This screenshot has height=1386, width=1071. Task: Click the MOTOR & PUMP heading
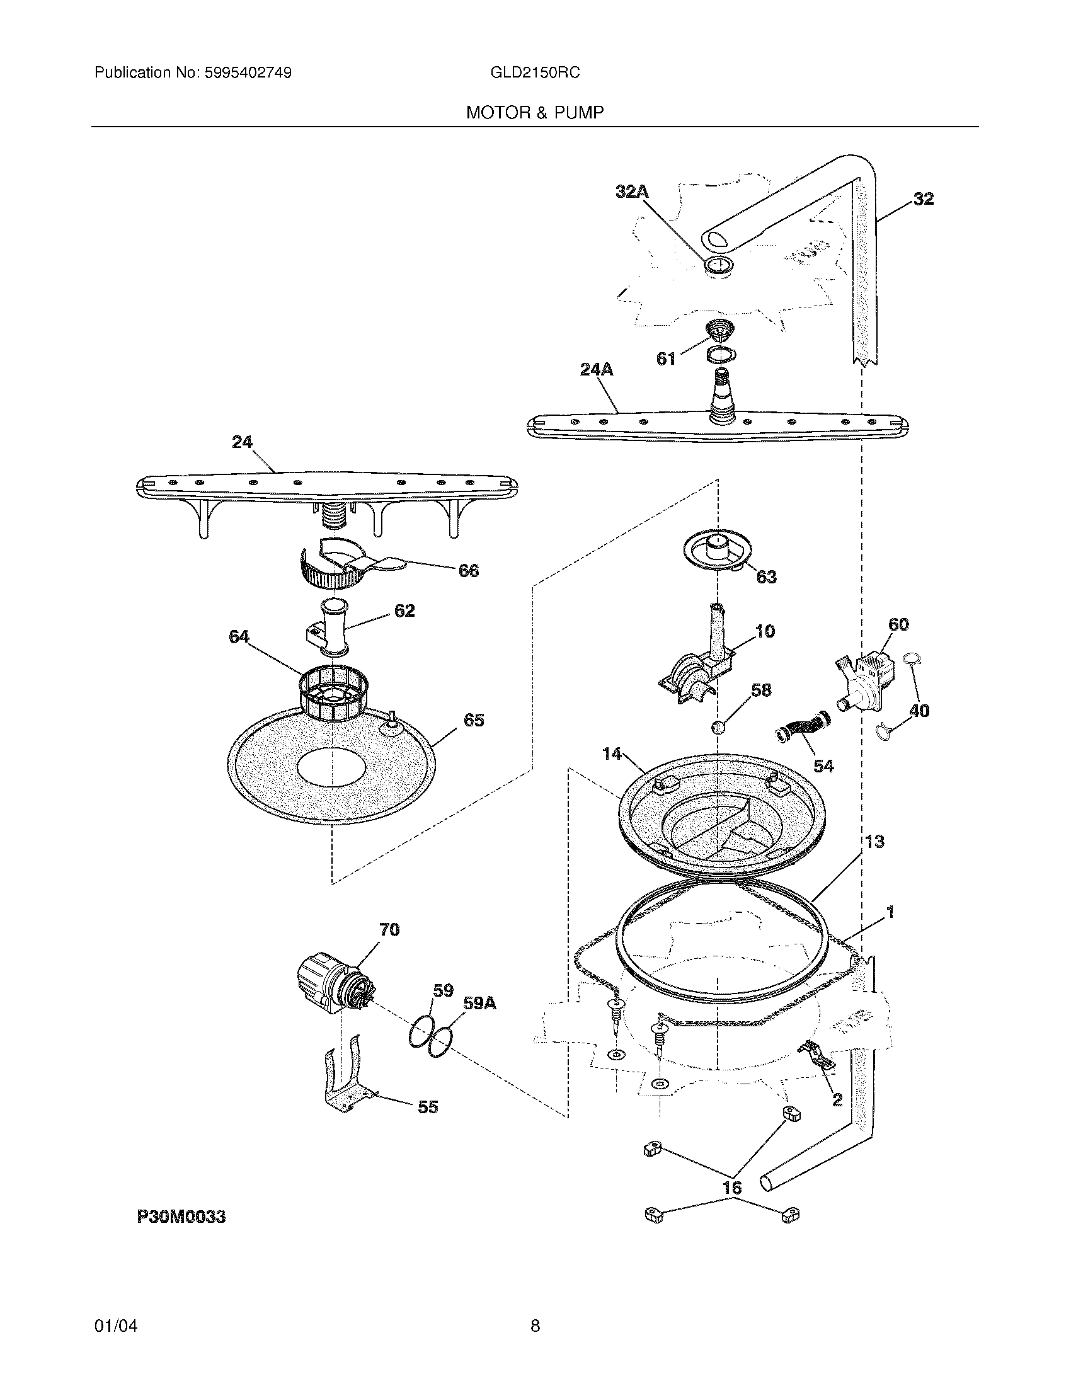point(534,113)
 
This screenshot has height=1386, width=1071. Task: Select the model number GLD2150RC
point(534,73)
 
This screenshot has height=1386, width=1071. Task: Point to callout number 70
point(389,930)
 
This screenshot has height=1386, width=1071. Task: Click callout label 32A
point(631,192)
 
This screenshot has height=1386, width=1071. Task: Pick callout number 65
point(474,720)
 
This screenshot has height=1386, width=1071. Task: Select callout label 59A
point(479,1004)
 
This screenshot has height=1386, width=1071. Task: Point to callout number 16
point(732,1188)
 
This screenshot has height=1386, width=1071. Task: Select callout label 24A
point(597,369)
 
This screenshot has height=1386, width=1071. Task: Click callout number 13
point(874,842)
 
